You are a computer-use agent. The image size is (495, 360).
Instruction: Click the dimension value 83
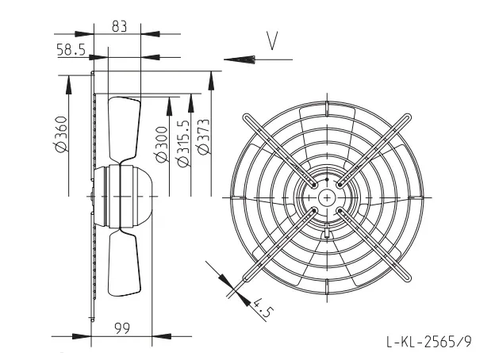coord(119,26)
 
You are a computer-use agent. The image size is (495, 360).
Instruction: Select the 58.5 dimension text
coord(71,49)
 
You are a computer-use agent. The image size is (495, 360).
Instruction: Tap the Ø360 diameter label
coord(60,134)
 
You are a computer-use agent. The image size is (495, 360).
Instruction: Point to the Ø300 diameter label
coord(162,144)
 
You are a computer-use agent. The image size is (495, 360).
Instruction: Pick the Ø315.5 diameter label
coord(183,143)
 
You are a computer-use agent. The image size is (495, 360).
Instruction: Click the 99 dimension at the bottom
coord(122,328)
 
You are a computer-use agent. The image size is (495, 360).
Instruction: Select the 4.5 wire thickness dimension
coord(262,308)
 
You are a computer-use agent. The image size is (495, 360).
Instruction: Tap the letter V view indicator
coord(272,40)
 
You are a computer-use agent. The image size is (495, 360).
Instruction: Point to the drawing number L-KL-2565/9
coord(429,341)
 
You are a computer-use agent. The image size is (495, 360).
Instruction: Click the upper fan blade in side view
coord(124,130)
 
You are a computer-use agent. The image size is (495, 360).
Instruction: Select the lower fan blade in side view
coord(124,262)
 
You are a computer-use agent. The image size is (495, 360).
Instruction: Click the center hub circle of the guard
coord(327,197)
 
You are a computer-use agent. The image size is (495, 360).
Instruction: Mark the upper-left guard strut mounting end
coord(247,117)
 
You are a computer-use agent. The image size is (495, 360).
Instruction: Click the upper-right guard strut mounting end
coord(407,117)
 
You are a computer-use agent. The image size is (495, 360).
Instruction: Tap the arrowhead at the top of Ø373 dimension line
coord(211,80)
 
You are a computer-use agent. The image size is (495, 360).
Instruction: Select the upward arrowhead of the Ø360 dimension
coord(68,85)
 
